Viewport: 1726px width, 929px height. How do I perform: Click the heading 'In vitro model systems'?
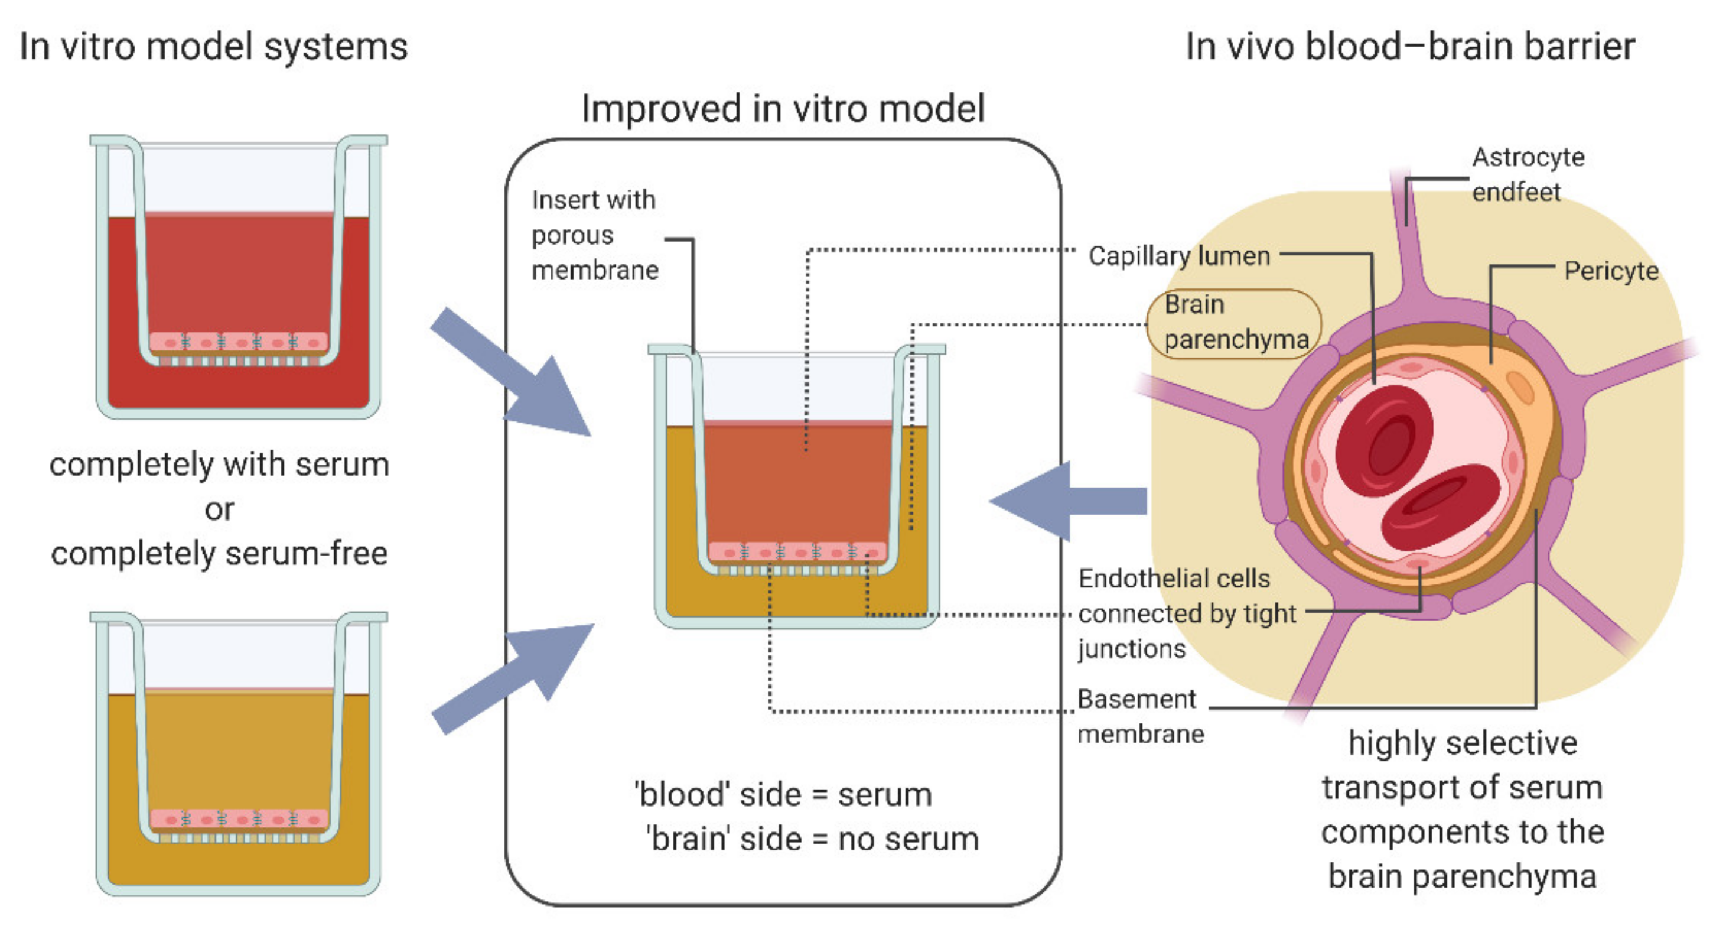click(213, 47)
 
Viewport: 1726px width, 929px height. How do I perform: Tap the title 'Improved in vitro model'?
click(783, 109)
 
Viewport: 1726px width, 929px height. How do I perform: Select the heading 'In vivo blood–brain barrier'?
click(1410, 47)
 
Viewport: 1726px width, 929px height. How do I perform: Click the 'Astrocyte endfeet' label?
click(1527, 174)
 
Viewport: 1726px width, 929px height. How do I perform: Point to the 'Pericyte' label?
click(1610, 271)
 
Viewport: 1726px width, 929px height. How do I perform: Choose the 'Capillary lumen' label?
click(1178, 256)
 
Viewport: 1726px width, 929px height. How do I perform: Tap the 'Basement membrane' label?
click(1139, 716)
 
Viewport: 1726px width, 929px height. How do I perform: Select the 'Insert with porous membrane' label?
click(594, 235)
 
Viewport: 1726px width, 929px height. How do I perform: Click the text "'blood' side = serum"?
click(783, 795)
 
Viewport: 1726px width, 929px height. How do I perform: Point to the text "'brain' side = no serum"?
click(812, 839)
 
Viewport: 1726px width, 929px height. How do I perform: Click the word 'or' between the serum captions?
click(219, 509)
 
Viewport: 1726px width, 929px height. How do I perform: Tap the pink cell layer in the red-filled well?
click(239, 342)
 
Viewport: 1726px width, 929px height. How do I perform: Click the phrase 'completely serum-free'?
click(219, 554)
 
